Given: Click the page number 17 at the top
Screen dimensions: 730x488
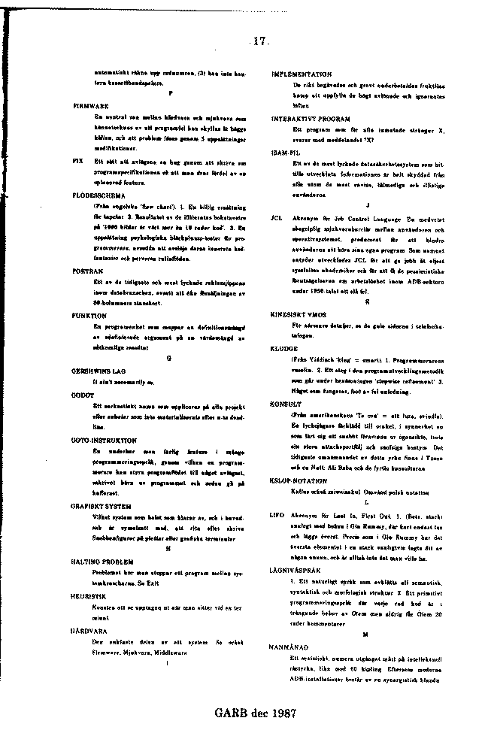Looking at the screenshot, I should pyautogui.click(x=261, y=42).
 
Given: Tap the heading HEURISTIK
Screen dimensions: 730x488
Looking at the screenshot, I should pyautogui.click(x=89, y=595).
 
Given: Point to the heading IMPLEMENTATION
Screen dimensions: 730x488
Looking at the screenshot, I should pyautogui.click(x=301, y=74).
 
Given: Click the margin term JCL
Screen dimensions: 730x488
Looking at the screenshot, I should pyautogui.click(x=276, y=217).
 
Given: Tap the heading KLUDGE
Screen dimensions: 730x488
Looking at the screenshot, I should pyautogui.click(x=284, y=349).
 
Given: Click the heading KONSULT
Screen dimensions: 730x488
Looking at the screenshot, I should pyautogui.click(x=286, y=404).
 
